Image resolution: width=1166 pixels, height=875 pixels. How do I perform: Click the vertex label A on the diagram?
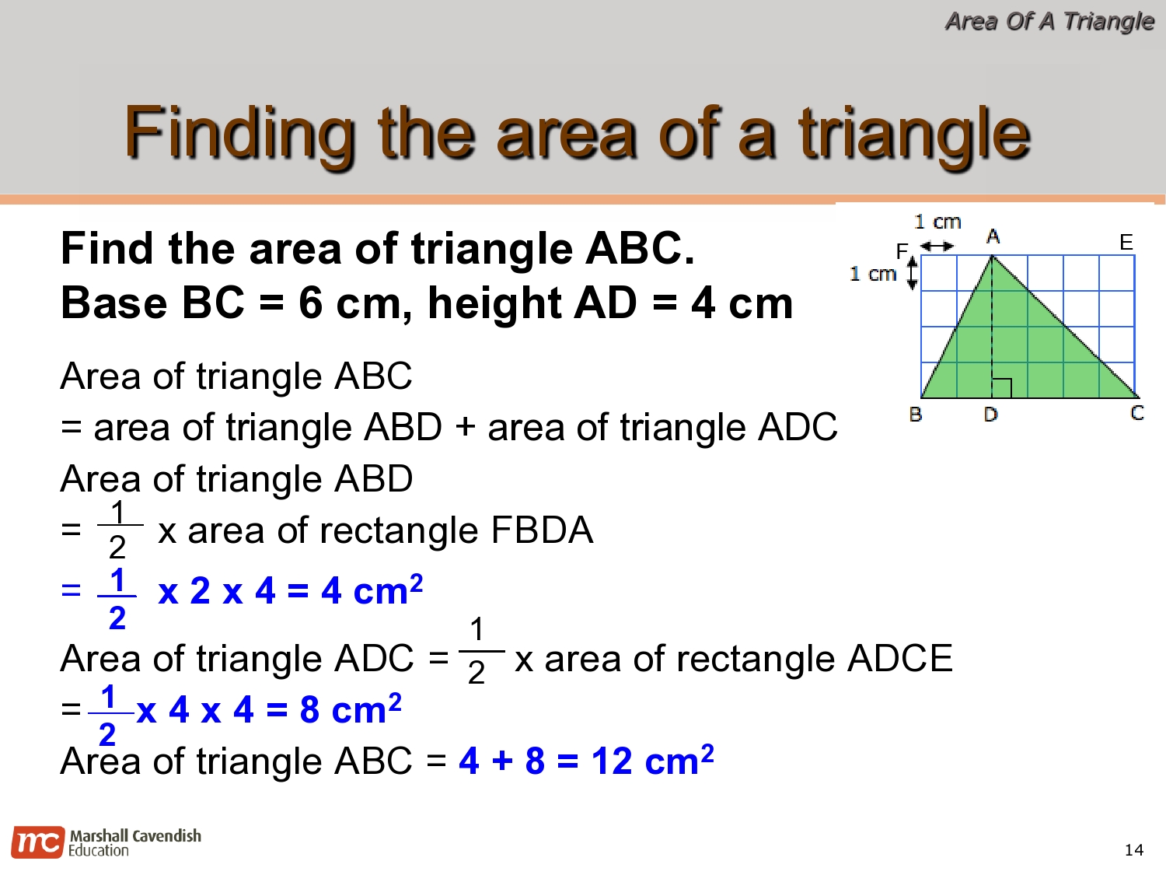(x=993, y=236)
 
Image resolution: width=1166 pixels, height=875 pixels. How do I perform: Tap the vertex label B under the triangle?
(x=915, y=415)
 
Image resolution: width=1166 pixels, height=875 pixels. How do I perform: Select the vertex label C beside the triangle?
(x=1136, y=413)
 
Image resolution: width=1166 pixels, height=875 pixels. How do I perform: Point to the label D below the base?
(x=990, y=415)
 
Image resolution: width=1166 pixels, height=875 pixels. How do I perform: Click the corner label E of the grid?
(x=1126, y=243)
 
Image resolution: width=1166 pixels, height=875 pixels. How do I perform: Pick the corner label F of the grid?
(x=902, y=250)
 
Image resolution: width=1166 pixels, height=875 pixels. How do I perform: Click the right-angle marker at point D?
(x=1001, y=388)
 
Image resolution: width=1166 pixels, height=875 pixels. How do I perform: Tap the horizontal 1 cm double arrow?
(x=937, y=246)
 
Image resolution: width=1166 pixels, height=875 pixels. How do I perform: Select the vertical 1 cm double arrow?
(x=912, y=273)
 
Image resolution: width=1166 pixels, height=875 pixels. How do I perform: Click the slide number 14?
(x=1134, y=850)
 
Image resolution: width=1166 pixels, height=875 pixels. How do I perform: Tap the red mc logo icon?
(x=38, y=842)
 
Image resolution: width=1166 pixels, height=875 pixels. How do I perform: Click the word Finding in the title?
(x=239, y=132)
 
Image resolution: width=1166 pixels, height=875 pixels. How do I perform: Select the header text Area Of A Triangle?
(x=1049, y=22)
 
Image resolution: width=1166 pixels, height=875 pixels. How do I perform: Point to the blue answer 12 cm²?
(x=653, y=760)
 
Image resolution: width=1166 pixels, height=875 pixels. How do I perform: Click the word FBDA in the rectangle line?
(x=542, y=530)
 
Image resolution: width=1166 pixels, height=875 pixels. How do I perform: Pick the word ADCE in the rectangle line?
(x=900, y=658)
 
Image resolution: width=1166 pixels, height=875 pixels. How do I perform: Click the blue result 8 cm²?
(x=351, y=709)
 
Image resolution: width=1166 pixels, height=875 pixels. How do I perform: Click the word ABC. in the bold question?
(x=640, y=248)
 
